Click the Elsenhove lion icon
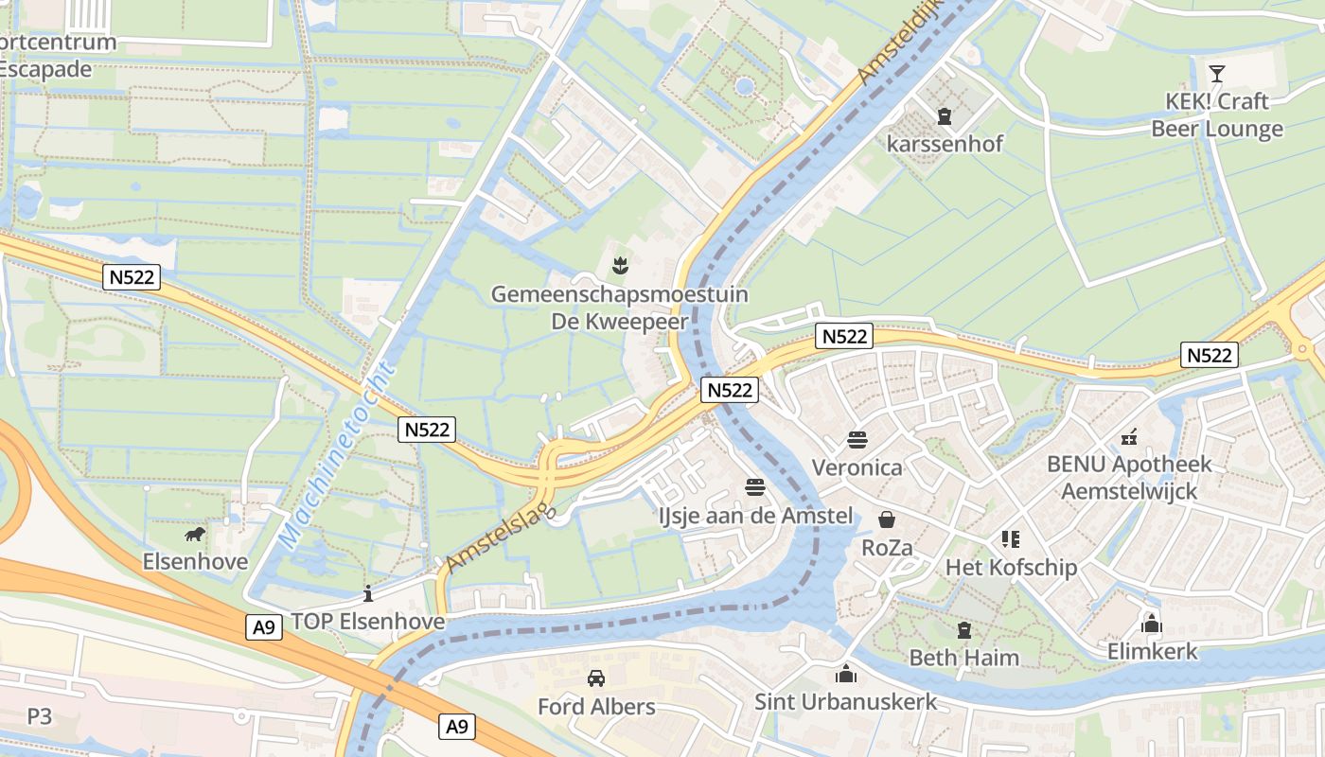click(195, 536)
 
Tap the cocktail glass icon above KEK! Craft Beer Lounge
click(1217, 73)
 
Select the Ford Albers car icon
click(596, 678)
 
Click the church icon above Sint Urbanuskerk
click(845, 674)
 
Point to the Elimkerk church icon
click(1152, 624)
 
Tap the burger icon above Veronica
click(857, 440)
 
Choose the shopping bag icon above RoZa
click(887, 519)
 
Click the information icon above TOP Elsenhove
click(368, 593)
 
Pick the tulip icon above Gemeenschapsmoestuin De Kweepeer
click(619, 266)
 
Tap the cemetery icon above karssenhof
click(944, 116)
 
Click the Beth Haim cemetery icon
click(964, 629)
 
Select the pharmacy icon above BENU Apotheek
click(1128, 437)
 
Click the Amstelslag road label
click(498, 533)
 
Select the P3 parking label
click(40, 716)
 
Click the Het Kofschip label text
click(1011, 568)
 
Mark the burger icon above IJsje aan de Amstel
click(755, 487)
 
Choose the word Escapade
click(45, 69)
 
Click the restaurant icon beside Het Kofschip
click(1011, 539)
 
